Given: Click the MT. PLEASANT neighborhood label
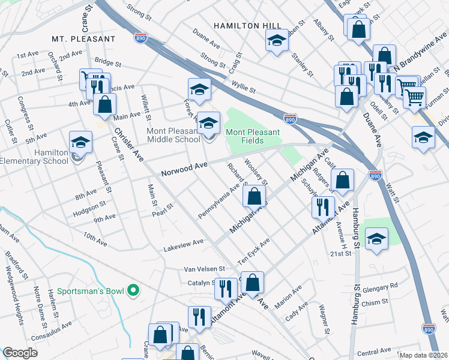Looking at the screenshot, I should tap(83, 39).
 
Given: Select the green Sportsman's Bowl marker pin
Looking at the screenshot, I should tap(135, 292).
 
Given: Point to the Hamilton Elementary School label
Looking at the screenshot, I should tap(34, 157).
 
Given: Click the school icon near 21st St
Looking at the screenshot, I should tap(376, 239).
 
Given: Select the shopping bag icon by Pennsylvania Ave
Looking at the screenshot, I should tap(255, 195).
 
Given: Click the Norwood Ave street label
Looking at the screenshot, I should tap(184, 169).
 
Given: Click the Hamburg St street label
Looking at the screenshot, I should tap(356, 229).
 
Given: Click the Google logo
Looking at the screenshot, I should tap(20, 353).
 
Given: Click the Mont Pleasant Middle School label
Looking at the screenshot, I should tap(173, 135).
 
